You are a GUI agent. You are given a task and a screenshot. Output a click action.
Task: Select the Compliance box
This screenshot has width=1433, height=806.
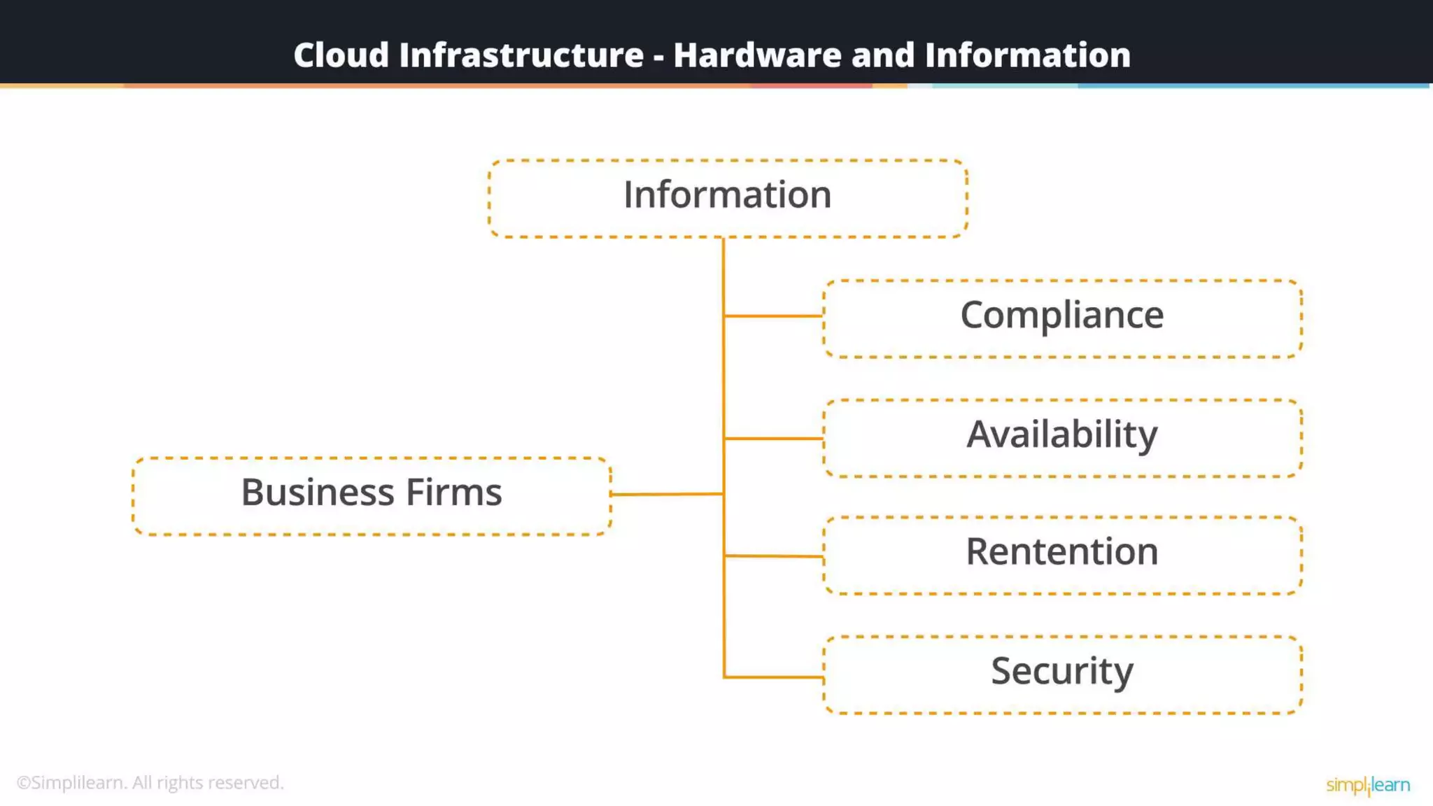pyautogui.click(x=1062, y=318)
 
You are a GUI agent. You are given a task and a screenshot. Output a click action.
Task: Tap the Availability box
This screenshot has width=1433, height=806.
pyautogui.click(x=1062, y=438)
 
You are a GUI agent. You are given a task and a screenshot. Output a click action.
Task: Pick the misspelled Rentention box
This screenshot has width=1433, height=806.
pyautogui.click(x=1062, y=555)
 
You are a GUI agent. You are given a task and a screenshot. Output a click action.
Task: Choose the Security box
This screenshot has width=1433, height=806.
pyautogui.click(x=1062, y=674)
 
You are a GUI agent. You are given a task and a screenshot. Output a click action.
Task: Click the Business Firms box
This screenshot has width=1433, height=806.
pyautogui.click(x=372, y=496)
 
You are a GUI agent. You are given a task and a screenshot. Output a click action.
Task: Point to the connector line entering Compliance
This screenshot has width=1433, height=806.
pyautogui.click(x=773, y=316)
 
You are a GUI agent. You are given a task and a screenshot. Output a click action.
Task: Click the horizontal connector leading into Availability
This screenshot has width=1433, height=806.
pyautogui.click(x=773, y=439)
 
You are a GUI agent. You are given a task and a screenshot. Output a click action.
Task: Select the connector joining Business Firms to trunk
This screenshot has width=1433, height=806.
pyautogui.click(x=666, y=494)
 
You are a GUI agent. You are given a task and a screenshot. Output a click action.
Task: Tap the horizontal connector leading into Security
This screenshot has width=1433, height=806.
pyautogui.click(x=773, y=677)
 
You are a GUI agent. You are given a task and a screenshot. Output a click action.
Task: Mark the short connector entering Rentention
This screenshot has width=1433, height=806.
pyautogui.click(x=773, y=556)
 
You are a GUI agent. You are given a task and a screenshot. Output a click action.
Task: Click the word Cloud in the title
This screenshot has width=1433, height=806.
pyautogui.click(x=341, y=55)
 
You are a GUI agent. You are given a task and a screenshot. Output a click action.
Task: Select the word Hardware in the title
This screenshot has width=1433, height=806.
pyautogui.click(x=757, y=55)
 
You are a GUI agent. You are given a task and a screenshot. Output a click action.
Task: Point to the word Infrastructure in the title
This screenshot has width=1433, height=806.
pyautogui.click(x=521, y=55)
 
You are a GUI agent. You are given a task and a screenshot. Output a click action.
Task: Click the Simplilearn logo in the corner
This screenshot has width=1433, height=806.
pyautogui.click(x=1367, y=785)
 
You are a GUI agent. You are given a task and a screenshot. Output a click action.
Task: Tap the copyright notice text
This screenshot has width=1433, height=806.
pyautogui.click(x=150, y=782)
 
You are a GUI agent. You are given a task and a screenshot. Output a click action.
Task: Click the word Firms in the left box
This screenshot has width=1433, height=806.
pyautogui.click(x=453, y=492)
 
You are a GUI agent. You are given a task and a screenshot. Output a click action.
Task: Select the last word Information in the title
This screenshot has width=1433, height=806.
pyautogui.click(x=1027, y=55)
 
